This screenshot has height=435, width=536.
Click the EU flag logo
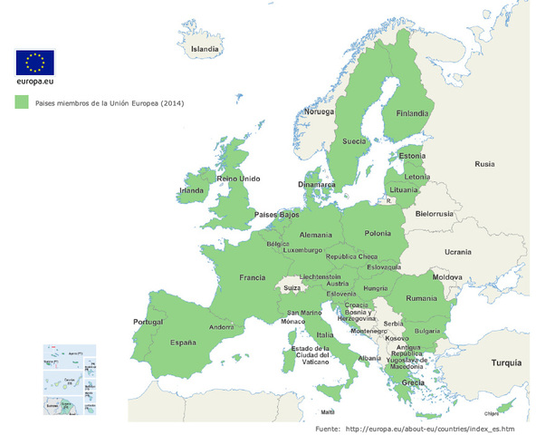pyautogui.click(x=35, y=63)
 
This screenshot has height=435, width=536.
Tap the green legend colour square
pyautogui.click(x=22, y=103)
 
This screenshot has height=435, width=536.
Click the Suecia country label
pyautogui.click(x=354, y=141)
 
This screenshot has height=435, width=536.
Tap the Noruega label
pyautogui.click(x=319, y=111)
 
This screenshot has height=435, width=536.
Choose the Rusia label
pyautogui.click(x=484, y=164)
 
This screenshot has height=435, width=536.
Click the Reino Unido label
pyautogui.click(x=238, y=179)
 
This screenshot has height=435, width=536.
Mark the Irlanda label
pyautogui.click(x=192, y=190)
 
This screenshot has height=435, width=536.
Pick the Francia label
pyautogui.click(x=252, y=278)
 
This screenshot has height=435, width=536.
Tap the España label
pyautogui.click(x=183, y=343)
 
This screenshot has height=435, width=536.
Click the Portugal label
pyautogui.click(x=147, y=322)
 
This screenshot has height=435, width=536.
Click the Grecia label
pyautogui.click(x=413, y=382)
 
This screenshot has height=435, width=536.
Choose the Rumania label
pyautogui.click(x=422, y=298)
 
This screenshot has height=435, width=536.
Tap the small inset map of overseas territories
pyautogui.click(x=72, y=378)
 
